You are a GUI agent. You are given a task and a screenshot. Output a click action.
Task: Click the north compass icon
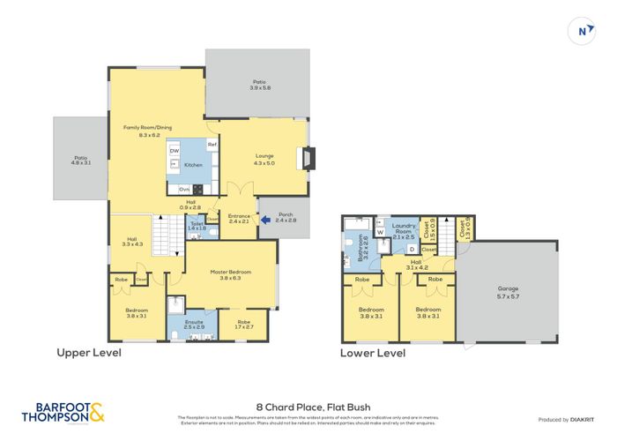(581, 31)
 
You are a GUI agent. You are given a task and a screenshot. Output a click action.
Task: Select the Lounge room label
(264, 159)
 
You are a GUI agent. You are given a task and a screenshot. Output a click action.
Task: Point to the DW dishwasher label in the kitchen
(174, 151)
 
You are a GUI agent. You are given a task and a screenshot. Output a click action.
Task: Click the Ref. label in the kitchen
(212, 144)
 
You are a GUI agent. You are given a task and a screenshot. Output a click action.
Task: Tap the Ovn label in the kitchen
(183, 189)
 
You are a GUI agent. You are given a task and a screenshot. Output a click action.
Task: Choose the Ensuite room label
(193, 325)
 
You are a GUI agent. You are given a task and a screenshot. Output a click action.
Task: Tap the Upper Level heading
(88, 353)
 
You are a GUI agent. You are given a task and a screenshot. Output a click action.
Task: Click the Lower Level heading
(373, 353)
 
